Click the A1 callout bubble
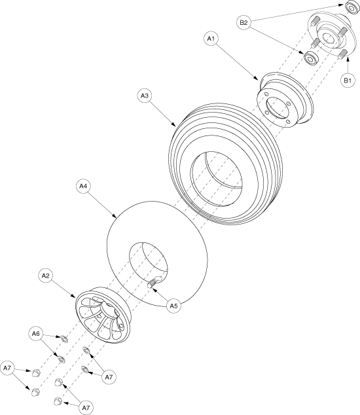pyautogui.click(x=211, y=39)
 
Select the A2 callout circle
pyautogui.click(x=46, y=276)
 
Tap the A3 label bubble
pyautogui.click(x=145, y=96)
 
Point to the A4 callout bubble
pyautogui.click(x=83, y=187)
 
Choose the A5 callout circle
pyautogui.click(x=173, y=306)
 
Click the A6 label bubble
pyautogui.click(x=36, y=334)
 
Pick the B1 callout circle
pyautogui.click(x=348, y=81)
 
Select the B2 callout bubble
pyautogui.click(x=243, y=22)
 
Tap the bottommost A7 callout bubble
pyautogui.click(x=86, y=408)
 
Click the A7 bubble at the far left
pyautogui.click(x=7, y=368)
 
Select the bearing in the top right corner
pyautogui.click(x=351, y=8)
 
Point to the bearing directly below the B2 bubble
pyautogui.click(x=311, y=58)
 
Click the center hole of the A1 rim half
pyautogui.click(x=277, y=107)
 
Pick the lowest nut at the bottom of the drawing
pyautogui.click(x=58, y=401)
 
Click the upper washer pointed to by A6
pyautogui.click(x=64, y=339)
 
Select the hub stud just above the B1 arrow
pyautogui.click(x=342, y=54)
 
